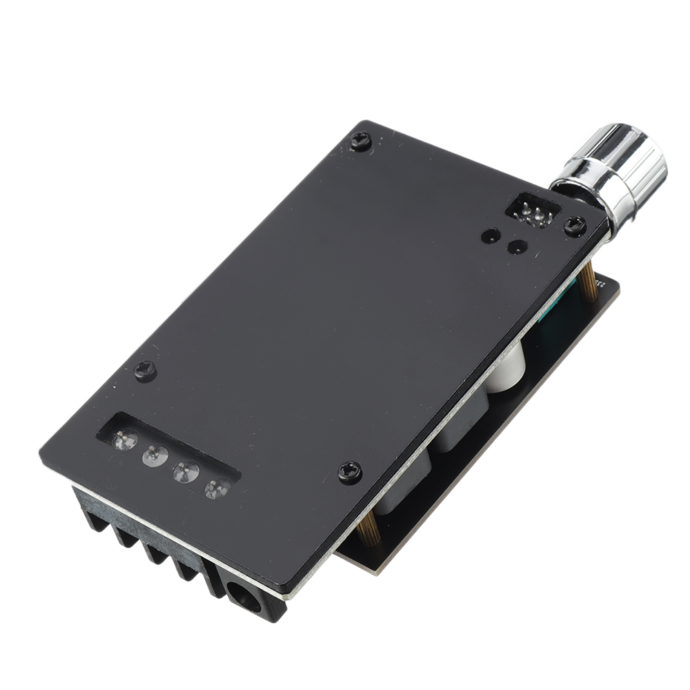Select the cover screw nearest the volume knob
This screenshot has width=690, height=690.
point(575,225)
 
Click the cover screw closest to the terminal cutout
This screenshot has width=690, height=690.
point(145,371)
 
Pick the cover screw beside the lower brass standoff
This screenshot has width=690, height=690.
point(350,472)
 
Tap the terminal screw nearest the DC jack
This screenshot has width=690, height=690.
point(217,489)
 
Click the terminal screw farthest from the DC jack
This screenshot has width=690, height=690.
point(124,440)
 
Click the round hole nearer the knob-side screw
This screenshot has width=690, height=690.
point(517,246)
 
